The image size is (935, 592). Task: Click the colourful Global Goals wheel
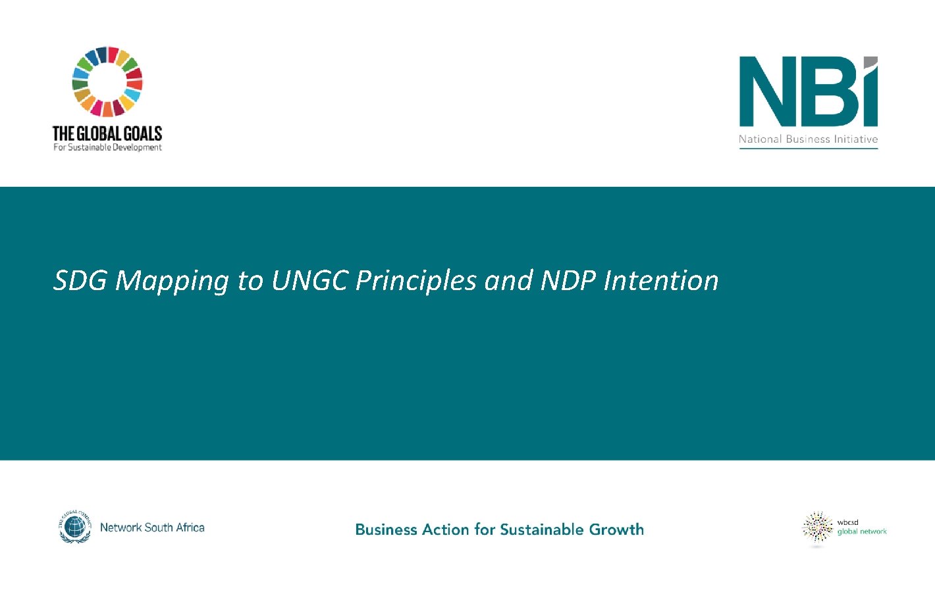[107, 82]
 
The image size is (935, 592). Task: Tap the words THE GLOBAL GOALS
[107, 134]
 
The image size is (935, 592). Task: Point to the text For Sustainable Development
[107, 147]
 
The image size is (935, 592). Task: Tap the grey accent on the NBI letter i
[870, 63]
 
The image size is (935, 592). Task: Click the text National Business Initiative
[808, 139]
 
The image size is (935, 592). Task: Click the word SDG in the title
[80, 280]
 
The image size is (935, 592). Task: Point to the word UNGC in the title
[309, 280]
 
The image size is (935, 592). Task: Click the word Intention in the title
[661, 280]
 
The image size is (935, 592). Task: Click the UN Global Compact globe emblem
[75, 527]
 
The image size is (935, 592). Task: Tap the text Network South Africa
[152, 528]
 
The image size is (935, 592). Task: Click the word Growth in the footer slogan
[616, 530]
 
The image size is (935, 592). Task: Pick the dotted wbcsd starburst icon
[818, 528]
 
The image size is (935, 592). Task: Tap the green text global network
[862, 531]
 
